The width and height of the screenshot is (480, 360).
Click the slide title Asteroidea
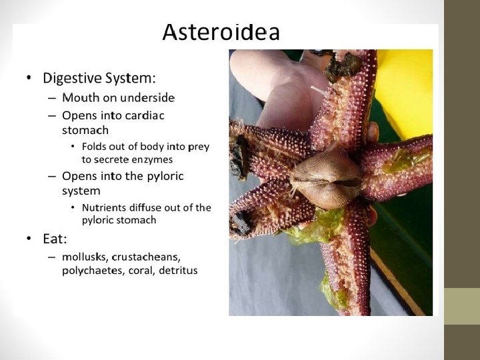pyautogui.click(x=221, y=33)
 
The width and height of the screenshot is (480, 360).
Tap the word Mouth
pyautogui.click(x=79, y=98)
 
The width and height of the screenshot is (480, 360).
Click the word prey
pyautogui.click(x=199, y=146)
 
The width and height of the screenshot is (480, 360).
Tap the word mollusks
pyautogui.click(x=85, y=257)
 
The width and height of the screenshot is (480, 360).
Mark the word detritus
pyautogui.click(x=178, y=271)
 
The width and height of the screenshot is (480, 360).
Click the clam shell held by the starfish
pyautogui.click(x=327, y=178)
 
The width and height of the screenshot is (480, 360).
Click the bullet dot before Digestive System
pyautogui.click(x=29, y=79)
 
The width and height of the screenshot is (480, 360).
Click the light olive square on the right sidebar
pyautogui.click(x=462, y=306)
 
